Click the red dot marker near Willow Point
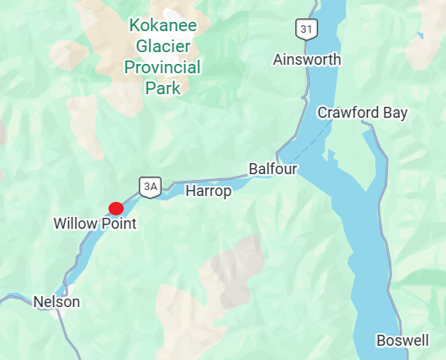(x=116, y=208)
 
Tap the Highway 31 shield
(x=306, y=30)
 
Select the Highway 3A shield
(x=150, y=187)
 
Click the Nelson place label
(x=56, y=301)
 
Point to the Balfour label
(x=273, y=169)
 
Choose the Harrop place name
(x=208, y=191)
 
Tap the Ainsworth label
(x=307, y=60)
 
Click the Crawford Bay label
(x=362, y=113)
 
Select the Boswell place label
(x=402, y=341)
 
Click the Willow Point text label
(x=94, y=224)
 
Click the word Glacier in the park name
(x=162, y=46)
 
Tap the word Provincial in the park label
(x=162, y=67)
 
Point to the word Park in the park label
(x=162, y=87)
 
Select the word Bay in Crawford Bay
(x=396, y=113)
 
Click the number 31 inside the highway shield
(x=306, y=30)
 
